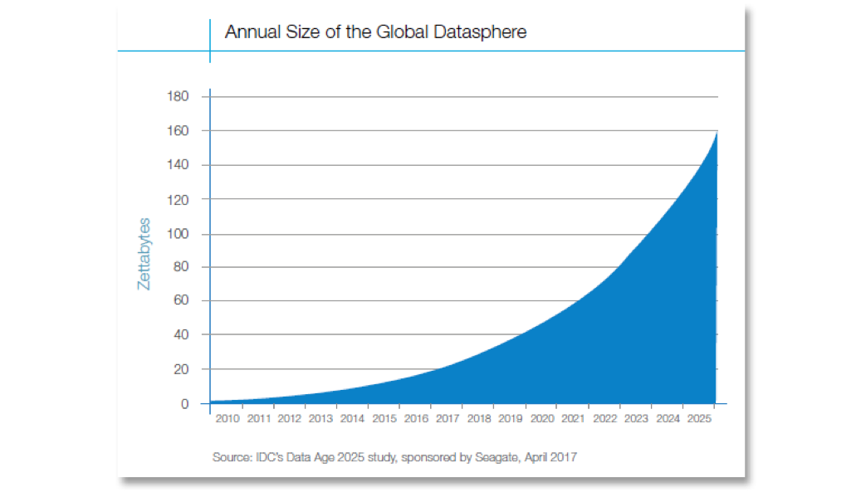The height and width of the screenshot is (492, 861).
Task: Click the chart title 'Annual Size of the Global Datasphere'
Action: click(375, 32)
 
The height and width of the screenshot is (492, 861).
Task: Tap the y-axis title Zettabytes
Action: click(144, 253)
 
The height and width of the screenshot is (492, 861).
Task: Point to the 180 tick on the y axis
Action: click(180, 97)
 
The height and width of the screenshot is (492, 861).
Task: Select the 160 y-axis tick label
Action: click(180, 131)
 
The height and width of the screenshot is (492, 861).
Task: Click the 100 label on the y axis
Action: click(180, 233)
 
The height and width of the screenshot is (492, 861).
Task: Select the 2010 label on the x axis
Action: click(227, 419)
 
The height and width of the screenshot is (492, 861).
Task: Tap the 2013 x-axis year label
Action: click(320, 419)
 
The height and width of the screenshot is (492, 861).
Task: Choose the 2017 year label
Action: click(447, 419)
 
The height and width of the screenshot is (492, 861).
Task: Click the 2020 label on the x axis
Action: click(541, 419)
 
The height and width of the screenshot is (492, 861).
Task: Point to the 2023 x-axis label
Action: click(636, 419)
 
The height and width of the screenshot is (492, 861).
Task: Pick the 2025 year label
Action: click(699, 419)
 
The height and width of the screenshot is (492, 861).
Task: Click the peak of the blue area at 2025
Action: click(717, 133)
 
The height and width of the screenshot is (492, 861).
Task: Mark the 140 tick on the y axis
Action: click(180, 165)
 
